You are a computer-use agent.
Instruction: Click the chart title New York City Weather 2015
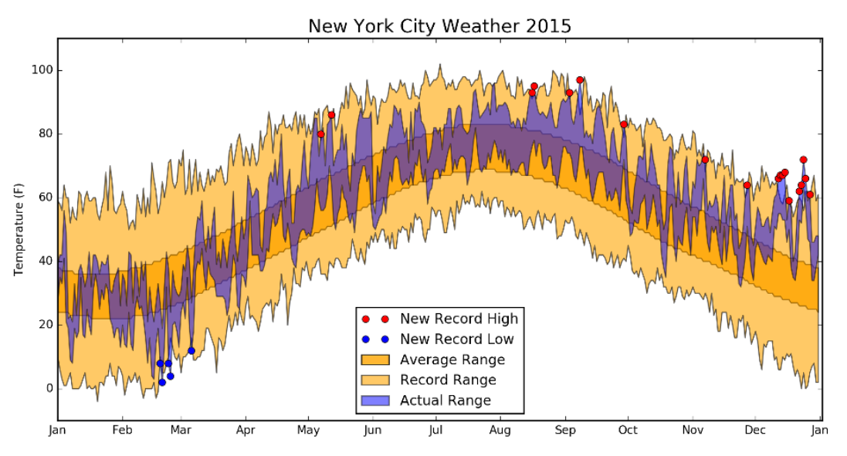tap(439, 26)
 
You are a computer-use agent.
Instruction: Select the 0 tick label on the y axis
tap(47, 388)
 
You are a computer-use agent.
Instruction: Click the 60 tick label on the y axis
tap(44, 198)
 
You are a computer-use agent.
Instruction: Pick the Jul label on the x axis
tap(436, 431)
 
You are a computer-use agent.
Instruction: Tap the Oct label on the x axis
tap(628, 431)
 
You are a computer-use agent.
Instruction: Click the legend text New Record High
tap(459, 319)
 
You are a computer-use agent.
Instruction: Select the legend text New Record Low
tap(456, 339)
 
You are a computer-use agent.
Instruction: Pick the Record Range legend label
tap(448, 380)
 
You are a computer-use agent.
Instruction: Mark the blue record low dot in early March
tap(191, 350)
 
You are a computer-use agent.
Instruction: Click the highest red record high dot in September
tap(580, 80)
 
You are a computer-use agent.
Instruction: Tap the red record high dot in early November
tap(705, 160)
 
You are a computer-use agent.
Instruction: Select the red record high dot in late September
tap(624, 124)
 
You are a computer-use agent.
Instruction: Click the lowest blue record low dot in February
tap(162, 382)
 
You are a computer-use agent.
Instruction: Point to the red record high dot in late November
tap(747, 185)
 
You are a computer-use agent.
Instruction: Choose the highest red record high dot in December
tap(803, 160)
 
